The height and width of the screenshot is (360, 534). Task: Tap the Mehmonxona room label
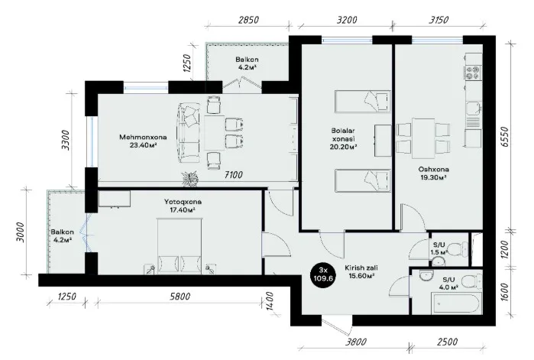pyautogui.click(x=143, y=138)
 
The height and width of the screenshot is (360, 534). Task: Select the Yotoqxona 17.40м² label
pyautogui.click(x=183, y=206)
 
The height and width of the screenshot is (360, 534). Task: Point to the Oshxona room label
pyautogui.click(x=433, y=169)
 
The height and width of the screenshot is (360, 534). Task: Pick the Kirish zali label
pyautogui.click(x=361, y=268)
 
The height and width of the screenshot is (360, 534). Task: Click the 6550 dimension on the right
pyautogui.click(x=504, y=137)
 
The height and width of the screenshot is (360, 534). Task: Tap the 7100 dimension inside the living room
pyautogui.click(x=234, y=175)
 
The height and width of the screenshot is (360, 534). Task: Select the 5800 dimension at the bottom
pyautogui.click(x=180, y=297)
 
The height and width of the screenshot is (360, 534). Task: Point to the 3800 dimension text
pyautogui.click(x=356, y=341)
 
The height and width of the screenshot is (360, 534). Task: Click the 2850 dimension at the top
pyautogui.click(x=248, y=20)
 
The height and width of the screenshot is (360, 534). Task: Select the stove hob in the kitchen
pyautogui.click(x=473, y=73)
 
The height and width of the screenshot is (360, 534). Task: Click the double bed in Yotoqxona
pyautogui.click(x=179, y=246)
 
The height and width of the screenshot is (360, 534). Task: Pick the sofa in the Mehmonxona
pyautogui.click(x=188, y=134)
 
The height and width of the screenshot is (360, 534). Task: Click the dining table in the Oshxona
pyautogui.click(x=423, y=138)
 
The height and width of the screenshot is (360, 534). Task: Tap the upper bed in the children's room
pyautogui.click(x=362, y=102)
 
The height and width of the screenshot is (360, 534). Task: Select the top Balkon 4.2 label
pyautogui.click(x=247, y=63)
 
